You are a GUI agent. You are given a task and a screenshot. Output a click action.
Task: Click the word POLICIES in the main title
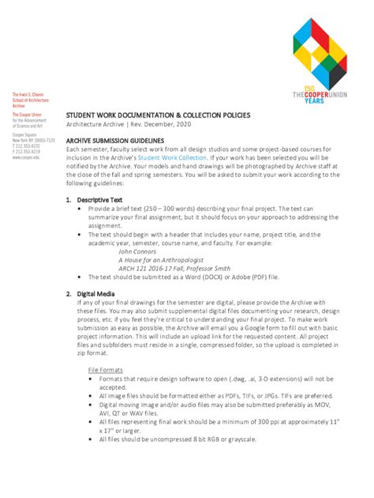pos(230,115)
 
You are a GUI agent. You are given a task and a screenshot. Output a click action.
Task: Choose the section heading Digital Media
pos(93,293)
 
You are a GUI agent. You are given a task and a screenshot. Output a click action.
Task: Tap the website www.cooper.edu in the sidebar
pos(28,158)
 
